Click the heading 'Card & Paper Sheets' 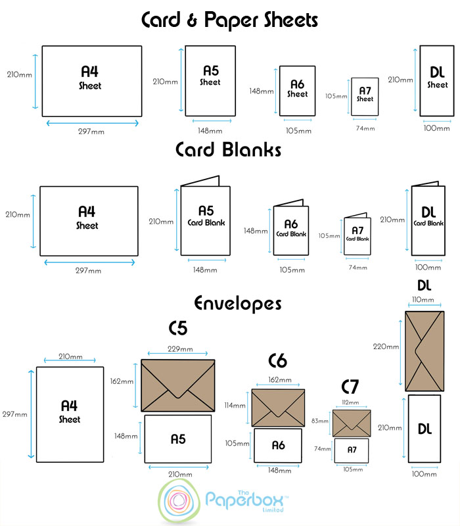click(229, 20)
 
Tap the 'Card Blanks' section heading click(228, 150)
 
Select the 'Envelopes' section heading click(237, 303)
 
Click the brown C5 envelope click(178, 386)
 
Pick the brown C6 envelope click(279, 408)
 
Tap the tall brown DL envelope click(424, 350)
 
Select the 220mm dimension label click(386, 347)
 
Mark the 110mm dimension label click(423, 300)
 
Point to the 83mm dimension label click(321, 421)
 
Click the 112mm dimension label click(351, 402)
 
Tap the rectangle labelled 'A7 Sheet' click(365, 96)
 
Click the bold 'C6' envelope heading click(278, 361)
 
